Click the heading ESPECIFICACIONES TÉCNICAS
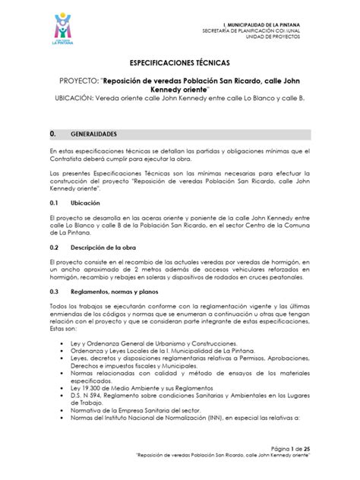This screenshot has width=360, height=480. tap(180, 65)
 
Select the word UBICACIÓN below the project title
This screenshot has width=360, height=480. tap(81, 108)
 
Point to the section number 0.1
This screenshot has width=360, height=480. tap(53, 204)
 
